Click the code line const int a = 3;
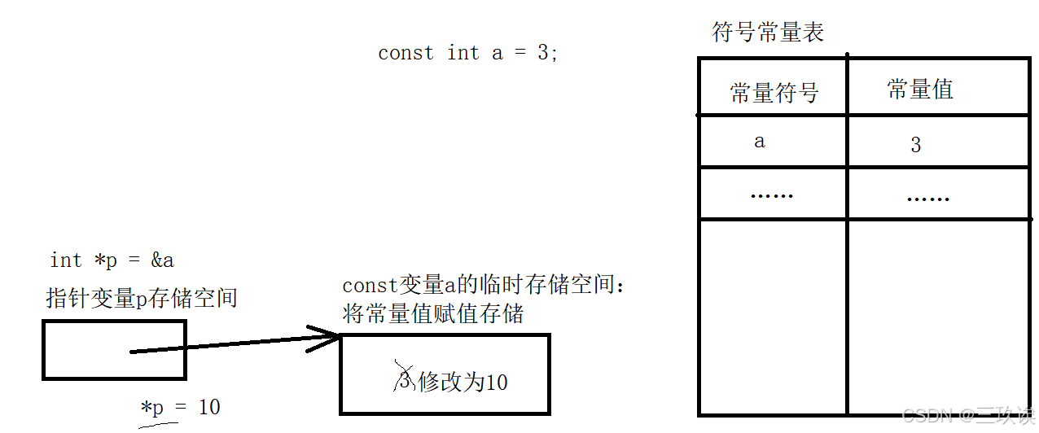468,54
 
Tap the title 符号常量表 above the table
768,33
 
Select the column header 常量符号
774,93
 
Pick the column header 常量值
920,90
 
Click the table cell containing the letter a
760,142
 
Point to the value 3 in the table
916,146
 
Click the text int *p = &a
112,260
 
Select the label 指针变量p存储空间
142,298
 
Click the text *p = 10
181,407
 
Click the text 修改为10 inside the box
463,382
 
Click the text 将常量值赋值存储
432,314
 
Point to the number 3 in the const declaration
543,54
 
